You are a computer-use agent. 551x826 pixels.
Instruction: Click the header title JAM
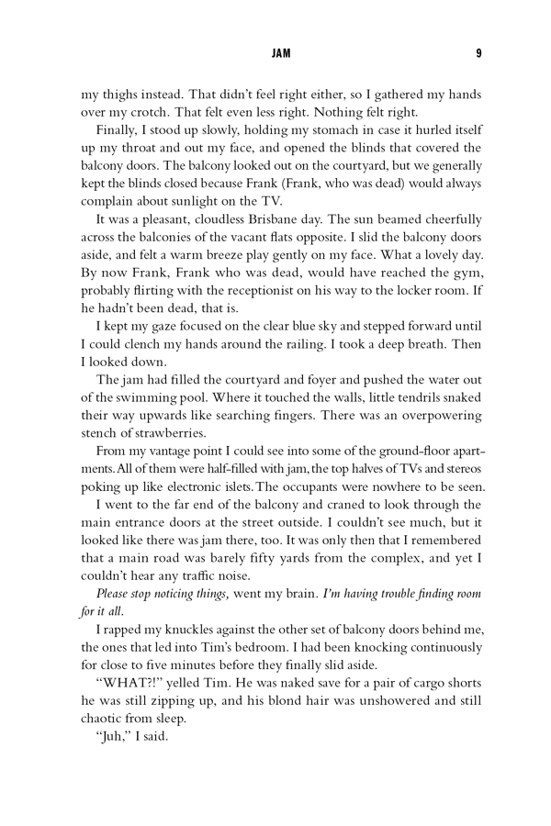[281, 54]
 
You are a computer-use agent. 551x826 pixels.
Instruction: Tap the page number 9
[478, 54]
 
